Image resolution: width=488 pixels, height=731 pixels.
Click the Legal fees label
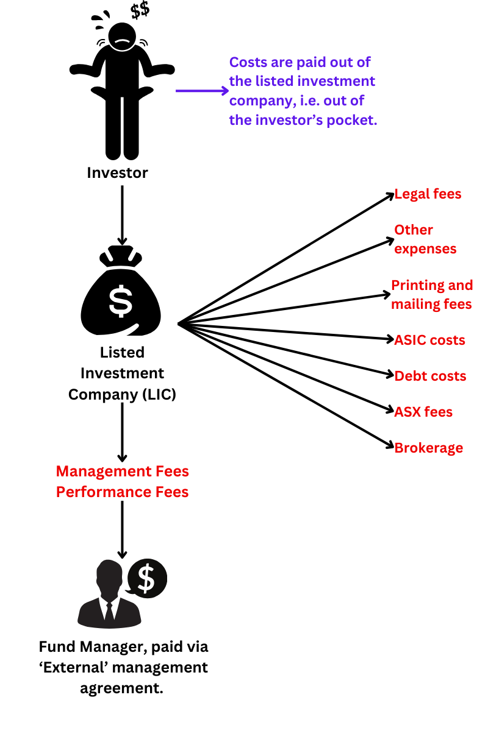(428, 194)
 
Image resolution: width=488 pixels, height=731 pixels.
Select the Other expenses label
(425, 239)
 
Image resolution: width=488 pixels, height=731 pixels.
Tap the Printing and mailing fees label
(431, 295)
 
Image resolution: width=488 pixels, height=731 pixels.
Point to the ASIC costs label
(429, 340)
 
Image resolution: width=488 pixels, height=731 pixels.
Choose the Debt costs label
(430, 376)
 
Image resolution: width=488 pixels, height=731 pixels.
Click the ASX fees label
(423, 412)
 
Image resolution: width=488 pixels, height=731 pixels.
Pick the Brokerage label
(428, 448)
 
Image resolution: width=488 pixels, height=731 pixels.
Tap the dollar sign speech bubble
(147, 578)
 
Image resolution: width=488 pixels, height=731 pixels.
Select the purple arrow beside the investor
(201, 91)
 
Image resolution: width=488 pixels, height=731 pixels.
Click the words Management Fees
(123, 471)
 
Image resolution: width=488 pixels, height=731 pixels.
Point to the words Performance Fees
(123, 492)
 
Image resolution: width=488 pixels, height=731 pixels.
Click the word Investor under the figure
(117, 173)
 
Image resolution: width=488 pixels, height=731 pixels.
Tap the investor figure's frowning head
(121, 38)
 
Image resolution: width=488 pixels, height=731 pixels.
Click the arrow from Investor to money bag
(123, 213)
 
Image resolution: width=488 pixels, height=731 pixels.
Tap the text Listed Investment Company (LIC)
(123, 373)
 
